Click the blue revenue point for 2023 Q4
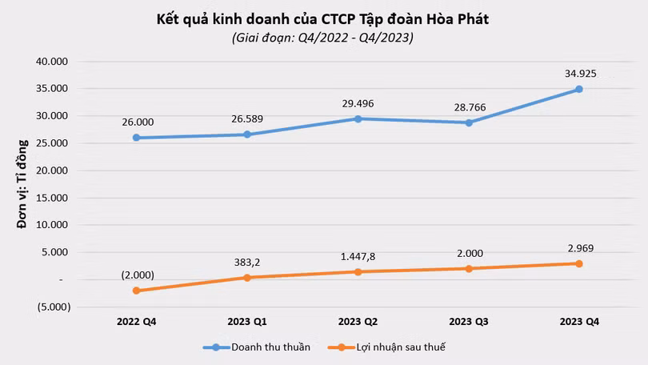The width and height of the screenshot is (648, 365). click(x=579, y=90)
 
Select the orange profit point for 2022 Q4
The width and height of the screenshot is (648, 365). click(x=136, y=291)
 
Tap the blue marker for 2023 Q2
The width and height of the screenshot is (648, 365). click(x=358, y=119)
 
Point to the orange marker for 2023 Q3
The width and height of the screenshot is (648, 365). click(x=469, y=269)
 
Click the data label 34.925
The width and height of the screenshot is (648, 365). click(x=581, y=74)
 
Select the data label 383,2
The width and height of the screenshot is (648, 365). click(x=247, y=263)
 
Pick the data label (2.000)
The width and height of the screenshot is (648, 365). click(x=138, y=275)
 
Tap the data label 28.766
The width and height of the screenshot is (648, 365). click(x=470, y=107)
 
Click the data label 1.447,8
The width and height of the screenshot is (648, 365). click(x=358, y=257)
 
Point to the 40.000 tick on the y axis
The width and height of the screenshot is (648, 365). click(x=52, y=62)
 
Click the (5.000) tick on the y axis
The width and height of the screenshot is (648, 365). click(x=54, y=307)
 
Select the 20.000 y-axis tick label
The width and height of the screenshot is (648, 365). click(x=52, y=170)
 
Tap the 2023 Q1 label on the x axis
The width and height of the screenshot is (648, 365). click(x=247, y=322)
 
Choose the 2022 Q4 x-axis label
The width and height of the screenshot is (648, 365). click(x=136, y=322)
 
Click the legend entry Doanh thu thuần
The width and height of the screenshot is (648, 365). click(x=257, y=347)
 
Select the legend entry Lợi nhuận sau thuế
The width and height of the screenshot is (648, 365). click(x=386, y=347)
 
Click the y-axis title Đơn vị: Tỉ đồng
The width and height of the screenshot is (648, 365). click(x=22, y=184)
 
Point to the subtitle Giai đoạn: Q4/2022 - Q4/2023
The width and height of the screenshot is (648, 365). click(x=322, y=38)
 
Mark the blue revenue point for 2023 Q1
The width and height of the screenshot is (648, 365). click(x=247, y=134)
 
